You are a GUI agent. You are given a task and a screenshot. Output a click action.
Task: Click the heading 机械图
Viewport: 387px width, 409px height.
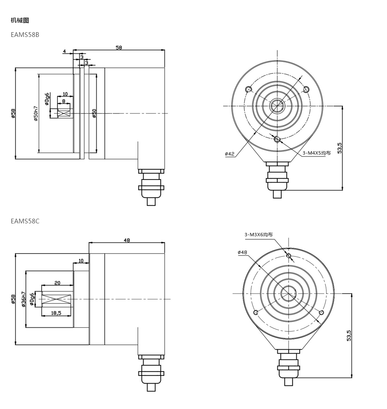[x=20, y=20]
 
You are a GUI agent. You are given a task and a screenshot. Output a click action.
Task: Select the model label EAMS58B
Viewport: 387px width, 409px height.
[x=25, y=35]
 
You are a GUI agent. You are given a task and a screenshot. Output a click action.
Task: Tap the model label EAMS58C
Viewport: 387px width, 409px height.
[x=25, y=221]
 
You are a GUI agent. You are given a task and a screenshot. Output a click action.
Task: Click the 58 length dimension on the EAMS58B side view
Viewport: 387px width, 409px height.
[x=119, y=47]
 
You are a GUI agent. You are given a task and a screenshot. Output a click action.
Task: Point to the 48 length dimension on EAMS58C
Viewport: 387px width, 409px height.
[x=127, y=240]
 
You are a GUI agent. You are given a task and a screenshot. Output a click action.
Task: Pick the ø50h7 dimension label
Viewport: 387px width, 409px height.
[x=36, y=113]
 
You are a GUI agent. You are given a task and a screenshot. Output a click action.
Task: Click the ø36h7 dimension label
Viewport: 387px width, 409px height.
[x=24, y=299]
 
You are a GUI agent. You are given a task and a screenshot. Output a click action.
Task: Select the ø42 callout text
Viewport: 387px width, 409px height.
[x=230, y=154]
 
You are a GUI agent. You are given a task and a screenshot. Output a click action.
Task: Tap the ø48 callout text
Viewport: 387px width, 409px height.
[x=243, y=252]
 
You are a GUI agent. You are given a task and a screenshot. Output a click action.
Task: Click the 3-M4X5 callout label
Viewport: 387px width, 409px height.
[x=316, y=153]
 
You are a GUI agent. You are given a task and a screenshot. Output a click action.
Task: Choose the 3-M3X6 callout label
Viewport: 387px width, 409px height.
[x=258, y=235]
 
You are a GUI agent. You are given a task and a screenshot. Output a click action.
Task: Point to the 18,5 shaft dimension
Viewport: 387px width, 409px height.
[x=56, y=313]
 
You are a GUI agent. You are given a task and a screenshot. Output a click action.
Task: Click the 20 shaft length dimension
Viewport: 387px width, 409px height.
[x=58, y=283]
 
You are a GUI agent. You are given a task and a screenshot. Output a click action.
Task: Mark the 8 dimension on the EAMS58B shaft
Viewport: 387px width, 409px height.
[x=64, y=101]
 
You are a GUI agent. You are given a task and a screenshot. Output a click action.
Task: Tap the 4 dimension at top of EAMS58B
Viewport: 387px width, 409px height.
[x=64, y=51]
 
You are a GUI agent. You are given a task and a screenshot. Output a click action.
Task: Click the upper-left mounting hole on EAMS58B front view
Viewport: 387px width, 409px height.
[x=249, y=90]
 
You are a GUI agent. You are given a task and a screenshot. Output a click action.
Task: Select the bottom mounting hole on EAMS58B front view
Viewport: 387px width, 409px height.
[x=277, y=139]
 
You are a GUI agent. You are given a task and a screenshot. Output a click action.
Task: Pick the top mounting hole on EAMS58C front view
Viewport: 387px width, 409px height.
[x=289, y=256]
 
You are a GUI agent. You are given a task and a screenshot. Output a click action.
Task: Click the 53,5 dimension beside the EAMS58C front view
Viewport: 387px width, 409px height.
[x=349, y=336]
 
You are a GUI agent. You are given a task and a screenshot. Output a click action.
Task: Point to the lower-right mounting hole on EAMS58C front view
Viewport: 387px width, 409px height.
[x=322, y=312]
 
